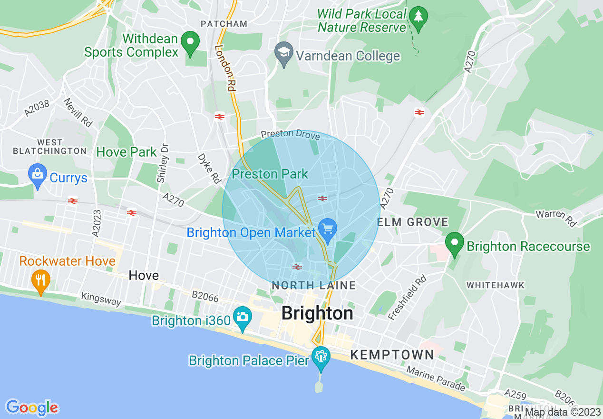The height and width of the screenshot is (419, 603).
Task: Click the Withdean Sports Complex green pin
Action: pyautogui.click(x=191, y=44)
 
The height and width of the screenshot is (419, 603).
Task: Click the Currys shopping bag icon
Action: pyautogui.click(x=38, y=176)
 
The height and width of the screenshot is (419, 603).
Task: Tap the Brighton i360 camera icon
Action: pyautogui.click(x=243, y=318)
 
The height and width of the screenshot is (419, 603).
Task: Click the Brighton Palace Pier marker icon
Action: pyautogui.click(x=321, y=358)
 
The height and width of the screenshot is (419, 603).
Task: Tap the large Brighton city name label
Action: pyautogui.click(x=317, y=313)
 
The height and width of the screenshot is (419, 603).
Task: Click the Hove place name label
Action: pyautogui.click(x=144, y=276)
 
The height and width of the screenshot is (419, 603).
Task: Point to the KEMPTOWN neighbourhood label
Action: pyautogui.click(x=392, y=355)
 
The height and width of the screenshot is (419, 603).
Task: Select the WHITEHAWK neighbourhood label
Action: pyautogui.click(x=495, y=285)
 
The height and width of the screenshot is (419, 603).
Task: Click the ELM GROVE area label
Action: pyautogui.click(x=412, y=222)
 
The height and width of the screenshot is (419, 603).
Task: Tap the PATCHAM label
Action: pyautogui.click(x=224, y=24)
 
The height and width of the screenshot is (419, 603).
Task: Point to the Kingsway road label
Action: pyautogui.click(x=101, y=299)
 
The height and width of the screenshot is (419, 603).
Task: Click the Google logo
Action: pyautogui.click(x=32, y=408)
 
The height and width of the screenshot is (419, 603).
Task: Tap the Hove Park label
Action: pyautogui.click(x=126, y=152)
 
